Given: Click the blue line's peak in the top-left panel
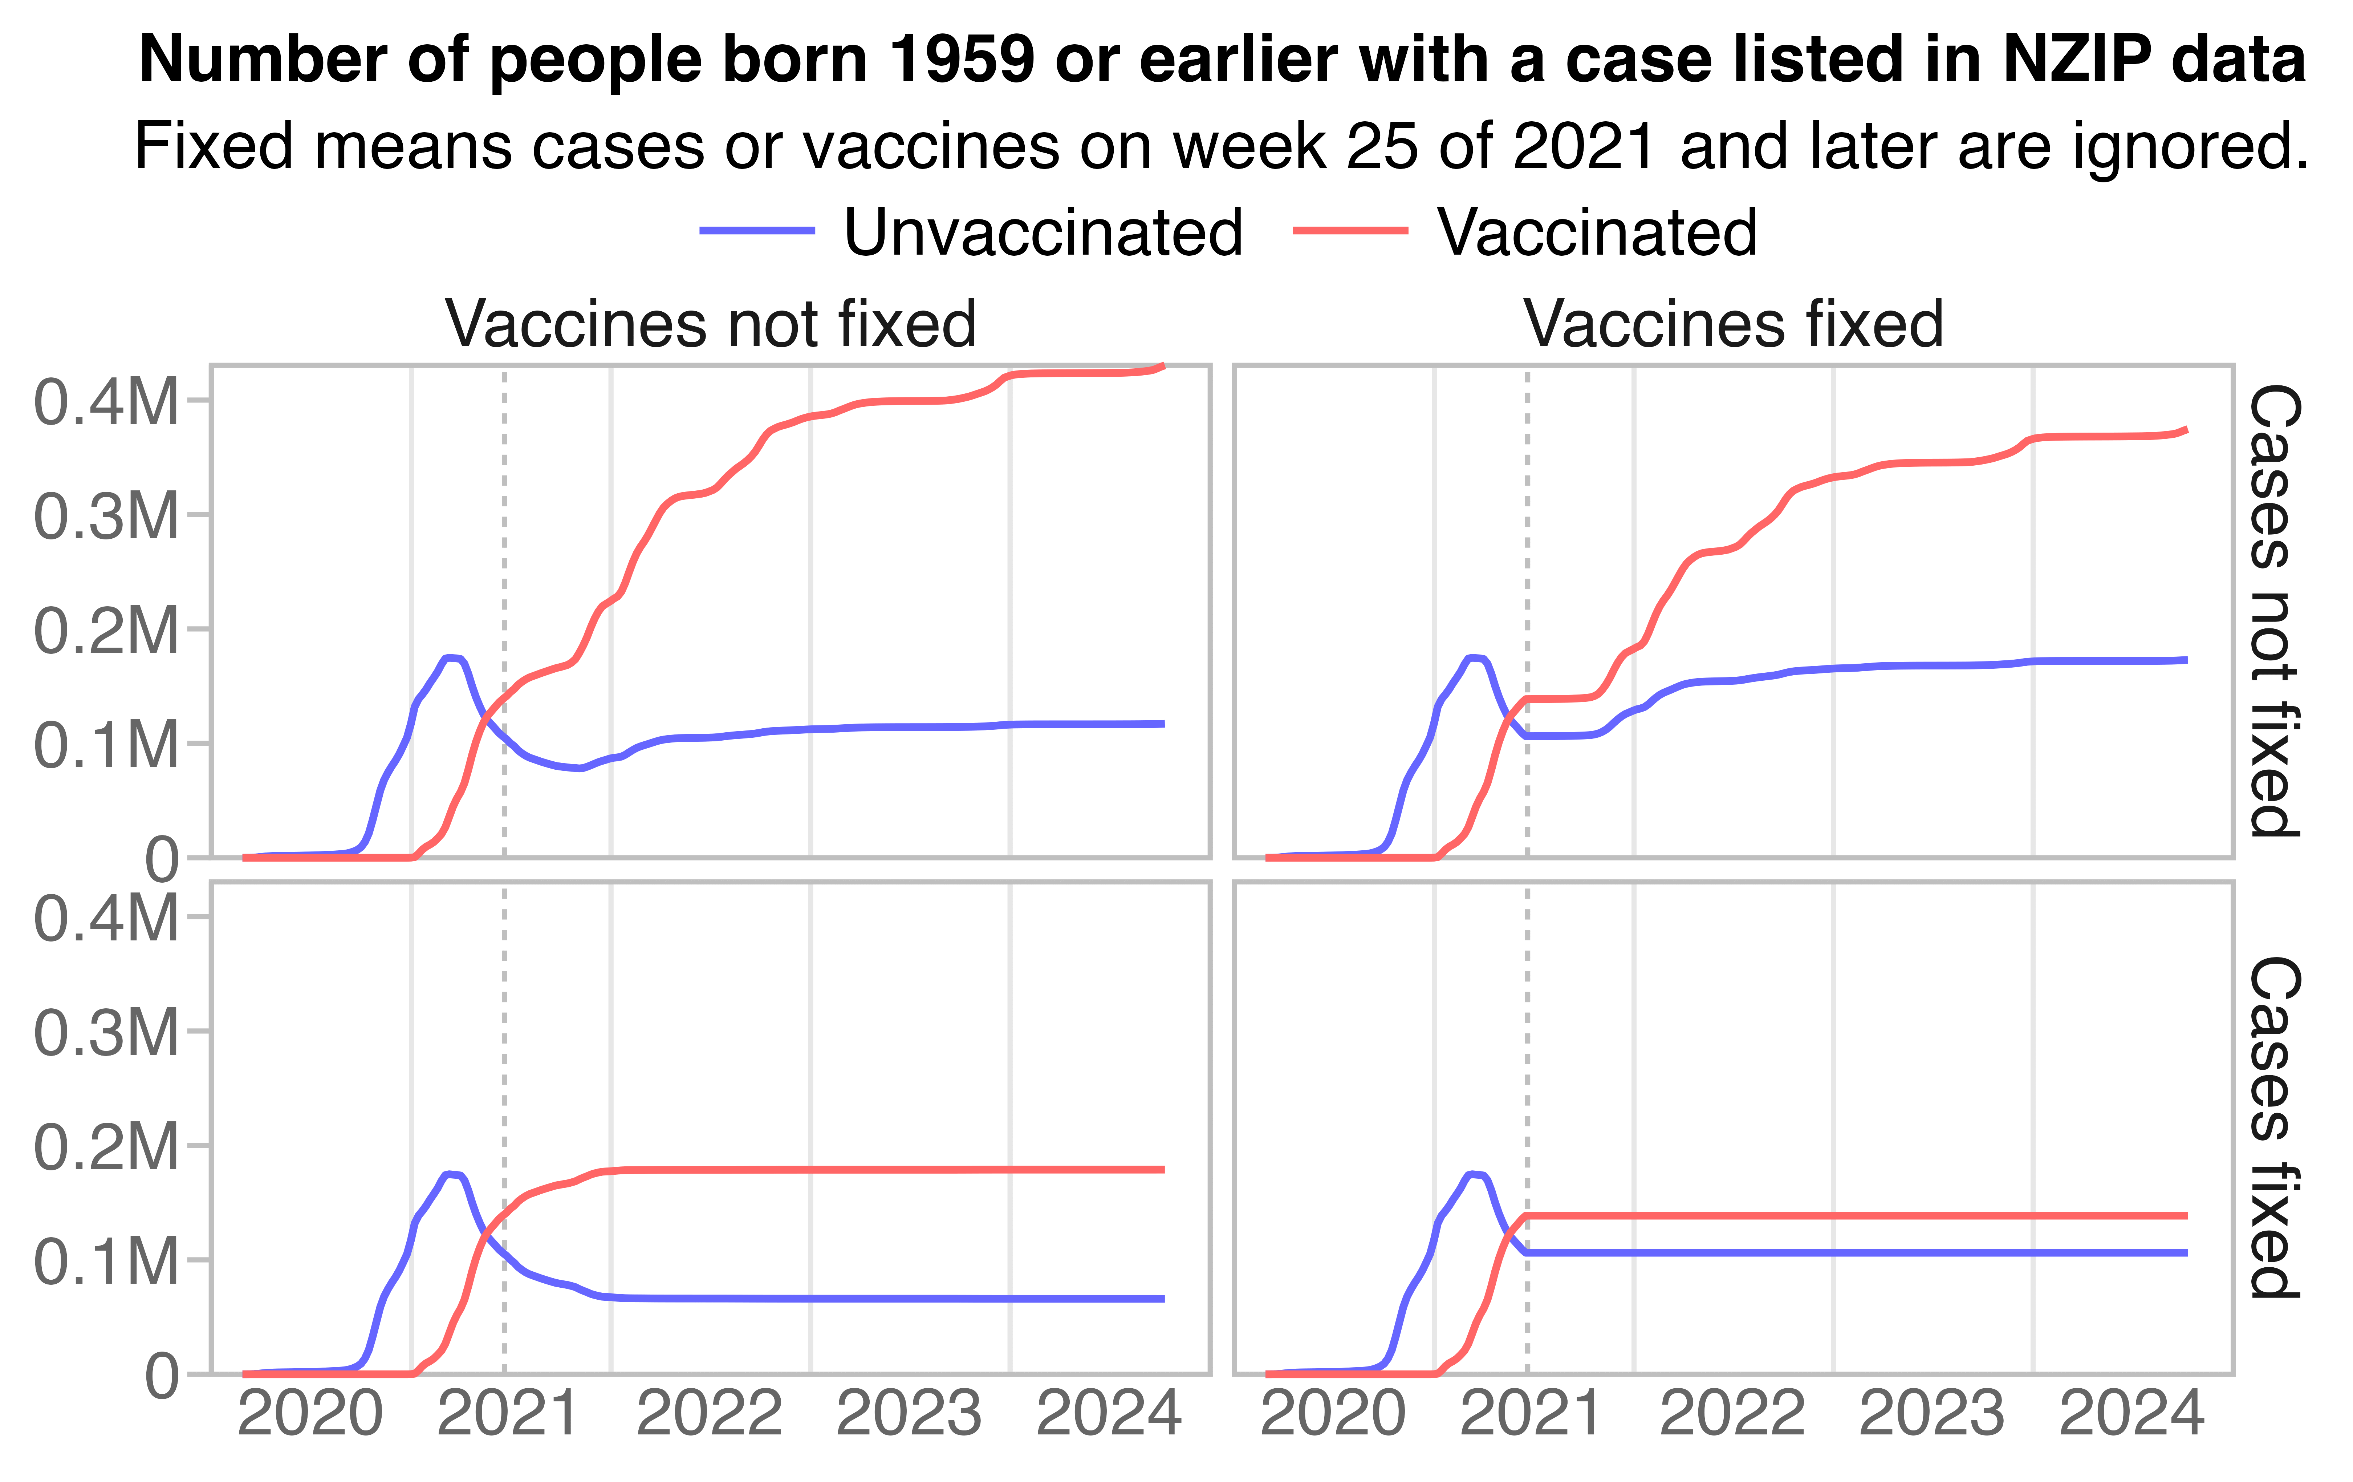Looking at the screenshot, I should click(451, 658).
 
